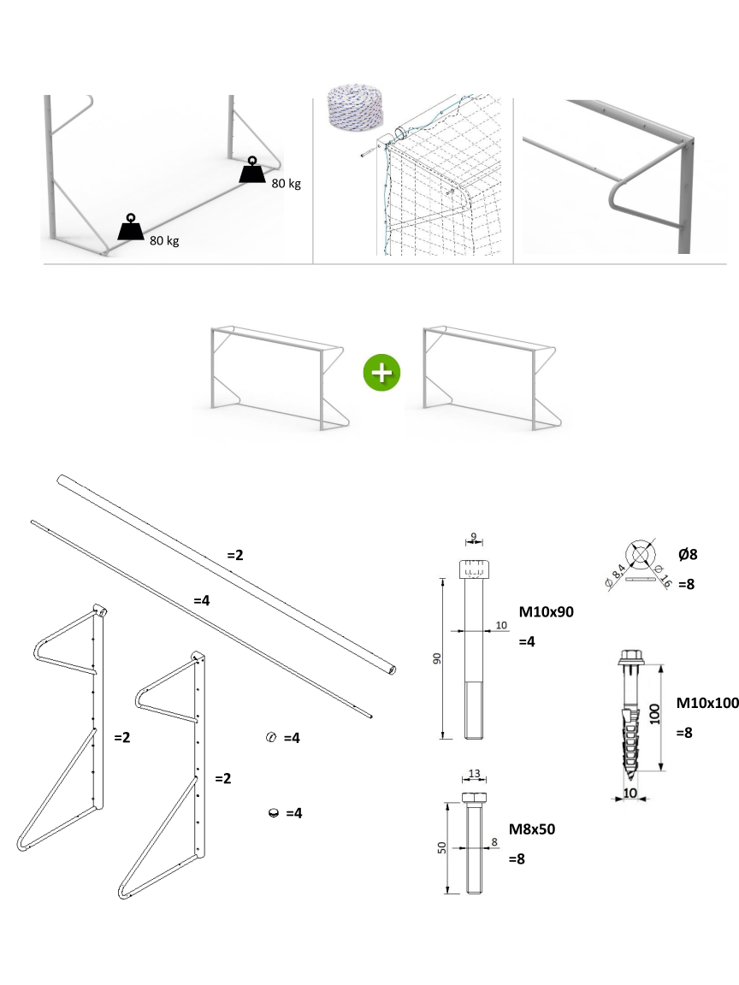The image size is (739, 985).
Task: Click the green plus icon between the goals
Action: coord(381,374)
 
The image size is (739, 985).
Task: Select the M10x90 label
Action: coord(547,612)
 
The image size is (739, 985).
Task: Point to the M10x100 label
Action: coord(706,703)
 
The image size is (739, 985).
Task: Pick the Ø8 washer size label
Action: coord(688,554)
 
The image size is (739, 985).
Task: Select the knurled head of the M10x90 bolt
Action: coord(473,569)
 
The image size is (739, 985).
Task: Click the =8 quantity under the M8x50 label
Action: coord(517,859)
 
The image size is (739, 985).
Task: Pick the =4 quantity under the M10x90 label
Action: coord(527,641)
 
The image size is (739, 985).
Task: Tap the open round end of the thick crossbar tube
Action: coord(393,670)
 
